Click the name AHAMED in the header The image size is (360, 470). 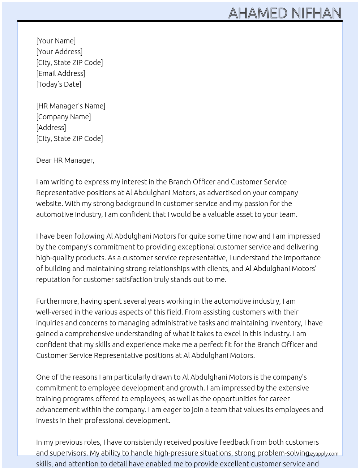pyautogui.click(x=258, y=13)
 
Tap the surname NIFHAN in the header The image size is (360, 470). pyautogui.click(x=316, y=13)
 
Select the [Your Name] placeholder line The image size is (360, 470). pyautogui.click(x=56, y=41)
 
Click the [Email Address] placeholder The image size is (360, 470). pyautogui.click(x=61, y=73)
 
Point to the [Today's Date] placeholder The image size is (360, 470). pyautogui.click(x=59, y=84)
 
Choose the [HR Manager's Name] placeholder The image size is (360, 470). pyautogui.click(x=71, y=106)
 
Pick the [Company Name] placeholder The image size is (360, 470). pyautogui.click(x=64, y=117)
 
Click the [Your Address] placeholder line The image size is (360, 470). pyautogui.click(x=59, y=52)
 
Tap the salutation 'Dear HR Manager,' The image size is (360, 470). pyautogui.click(x=65, y=160)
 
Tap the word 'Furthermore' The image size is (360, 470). pyautogui.click(x=57, y=301)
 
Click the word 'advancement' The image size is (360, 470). pyautogui.click(x=58, y=410)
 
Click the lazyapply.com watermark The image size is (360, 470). pyautogui.click(x=323, y=454)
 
